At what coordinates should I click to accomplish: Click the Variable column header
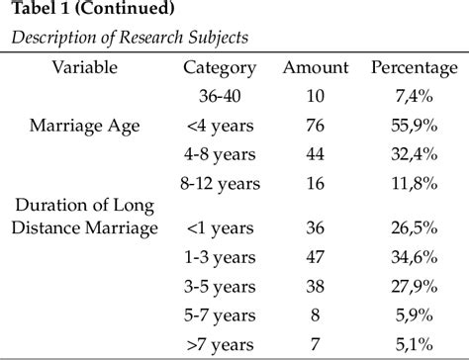pyautogui.click(x=86, y=67)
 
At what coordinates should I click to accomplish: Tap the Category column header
pyautogui.click(x=220, y=67)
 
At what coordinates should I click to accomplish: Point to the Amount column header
pyautogui.click(x=316, y=67)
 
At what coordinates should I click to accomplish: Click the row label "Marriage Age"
pyautogui.click(x=86, y=125)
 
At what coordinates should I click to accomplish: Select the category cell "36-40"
pyautogui.click(x=220, y=96)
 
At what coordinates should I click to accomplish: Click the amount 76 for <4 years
pyautogui.click(x=316, y=125)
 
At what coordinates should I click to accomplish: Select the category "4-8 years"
pyautogui.click(x=220, y=153)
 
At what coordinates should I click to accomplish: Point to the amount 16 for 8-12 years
pyautogui.click(x=316, y=182)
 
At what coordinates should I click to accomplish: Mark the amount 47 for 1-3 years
pyautogui.click(x=316, y=258)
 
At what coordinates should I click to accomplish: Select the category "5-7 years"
pyautogui.click(x=220, y=315)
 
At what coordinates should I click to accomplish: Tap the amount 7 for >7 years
pyautogui.click(x=316, y=343)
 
